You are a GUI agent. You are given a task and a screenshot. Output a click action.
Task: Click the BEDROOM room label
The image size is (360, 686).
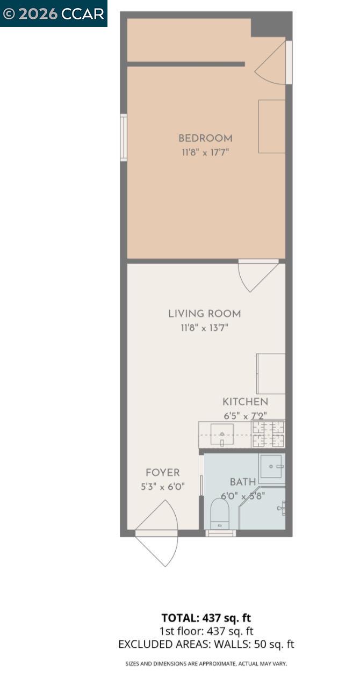pyautogui.click(x=205, y=139)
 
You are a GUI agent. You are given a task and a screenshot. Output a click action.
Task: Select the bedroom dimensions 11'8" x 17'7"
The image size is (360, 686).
pyautogui.click(x=205, y=152)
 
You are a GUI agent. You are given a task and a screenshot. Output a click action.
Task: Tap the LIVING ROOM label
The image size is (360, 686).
pyautogui.click(x=205, y=314)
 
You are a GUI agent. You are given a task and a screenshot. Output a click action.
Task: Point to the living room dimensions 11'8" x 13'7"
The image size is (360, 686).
pyautogui.click(x=205, y=327)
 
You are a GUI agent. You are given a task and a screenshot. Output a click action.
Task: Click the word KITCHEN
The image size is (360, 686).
pyautogui.click(x=245, y=402)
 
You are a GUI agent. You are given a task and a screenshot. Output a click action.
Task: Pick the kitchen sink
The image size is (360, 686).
pyautogui.click(x=221, y=434)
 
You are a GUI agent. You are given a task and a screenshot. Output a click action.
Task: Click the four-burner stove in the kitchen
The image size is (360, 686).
pyautogui.click(x=268, y=434)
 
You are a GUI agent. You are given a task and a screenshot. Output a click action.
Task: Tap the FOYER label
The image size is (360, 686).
pyautogui.click(x=163, y=473)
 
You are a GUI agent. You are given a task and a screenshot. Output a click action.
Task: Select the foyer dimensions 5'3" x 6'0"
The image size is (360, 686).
pyautogui.click(x=163, y=487)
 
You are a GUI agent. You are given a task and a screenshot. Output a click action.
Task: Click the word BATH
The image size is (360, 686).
pyautogui.click(x=243, y=482)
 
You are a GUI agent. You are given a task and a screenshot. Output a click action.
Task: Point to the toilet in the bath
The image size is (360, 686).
pyautogui.click(x=220, y=514)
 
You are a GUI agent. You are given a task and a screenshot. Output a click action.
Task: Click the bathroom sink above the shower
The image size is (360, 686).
pyautogui.click(x=271, y=468)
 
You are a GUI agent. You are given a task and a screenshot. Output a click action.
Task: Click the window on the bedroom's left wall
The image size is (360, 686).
pyautogui.click(x=124, y=138)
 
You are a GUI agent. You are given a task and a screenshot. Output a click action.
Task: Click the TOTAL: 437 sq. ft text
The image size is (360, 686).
pyautogui.click(x=206, y=618)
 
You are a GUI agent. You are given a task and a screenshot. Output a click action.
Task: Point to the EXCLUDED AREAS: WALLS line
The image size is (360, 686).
pyautogui.click(x=206, y=644)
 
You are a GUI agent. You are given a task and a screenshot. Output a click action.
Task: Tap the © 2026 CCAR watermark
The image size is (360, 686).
pyautogui.click(x=53, y=13)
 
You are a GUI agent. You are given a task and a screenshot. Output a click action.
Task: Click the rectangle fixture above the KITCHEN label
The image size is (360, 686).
pyautogui.click(x=271, y=373)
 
